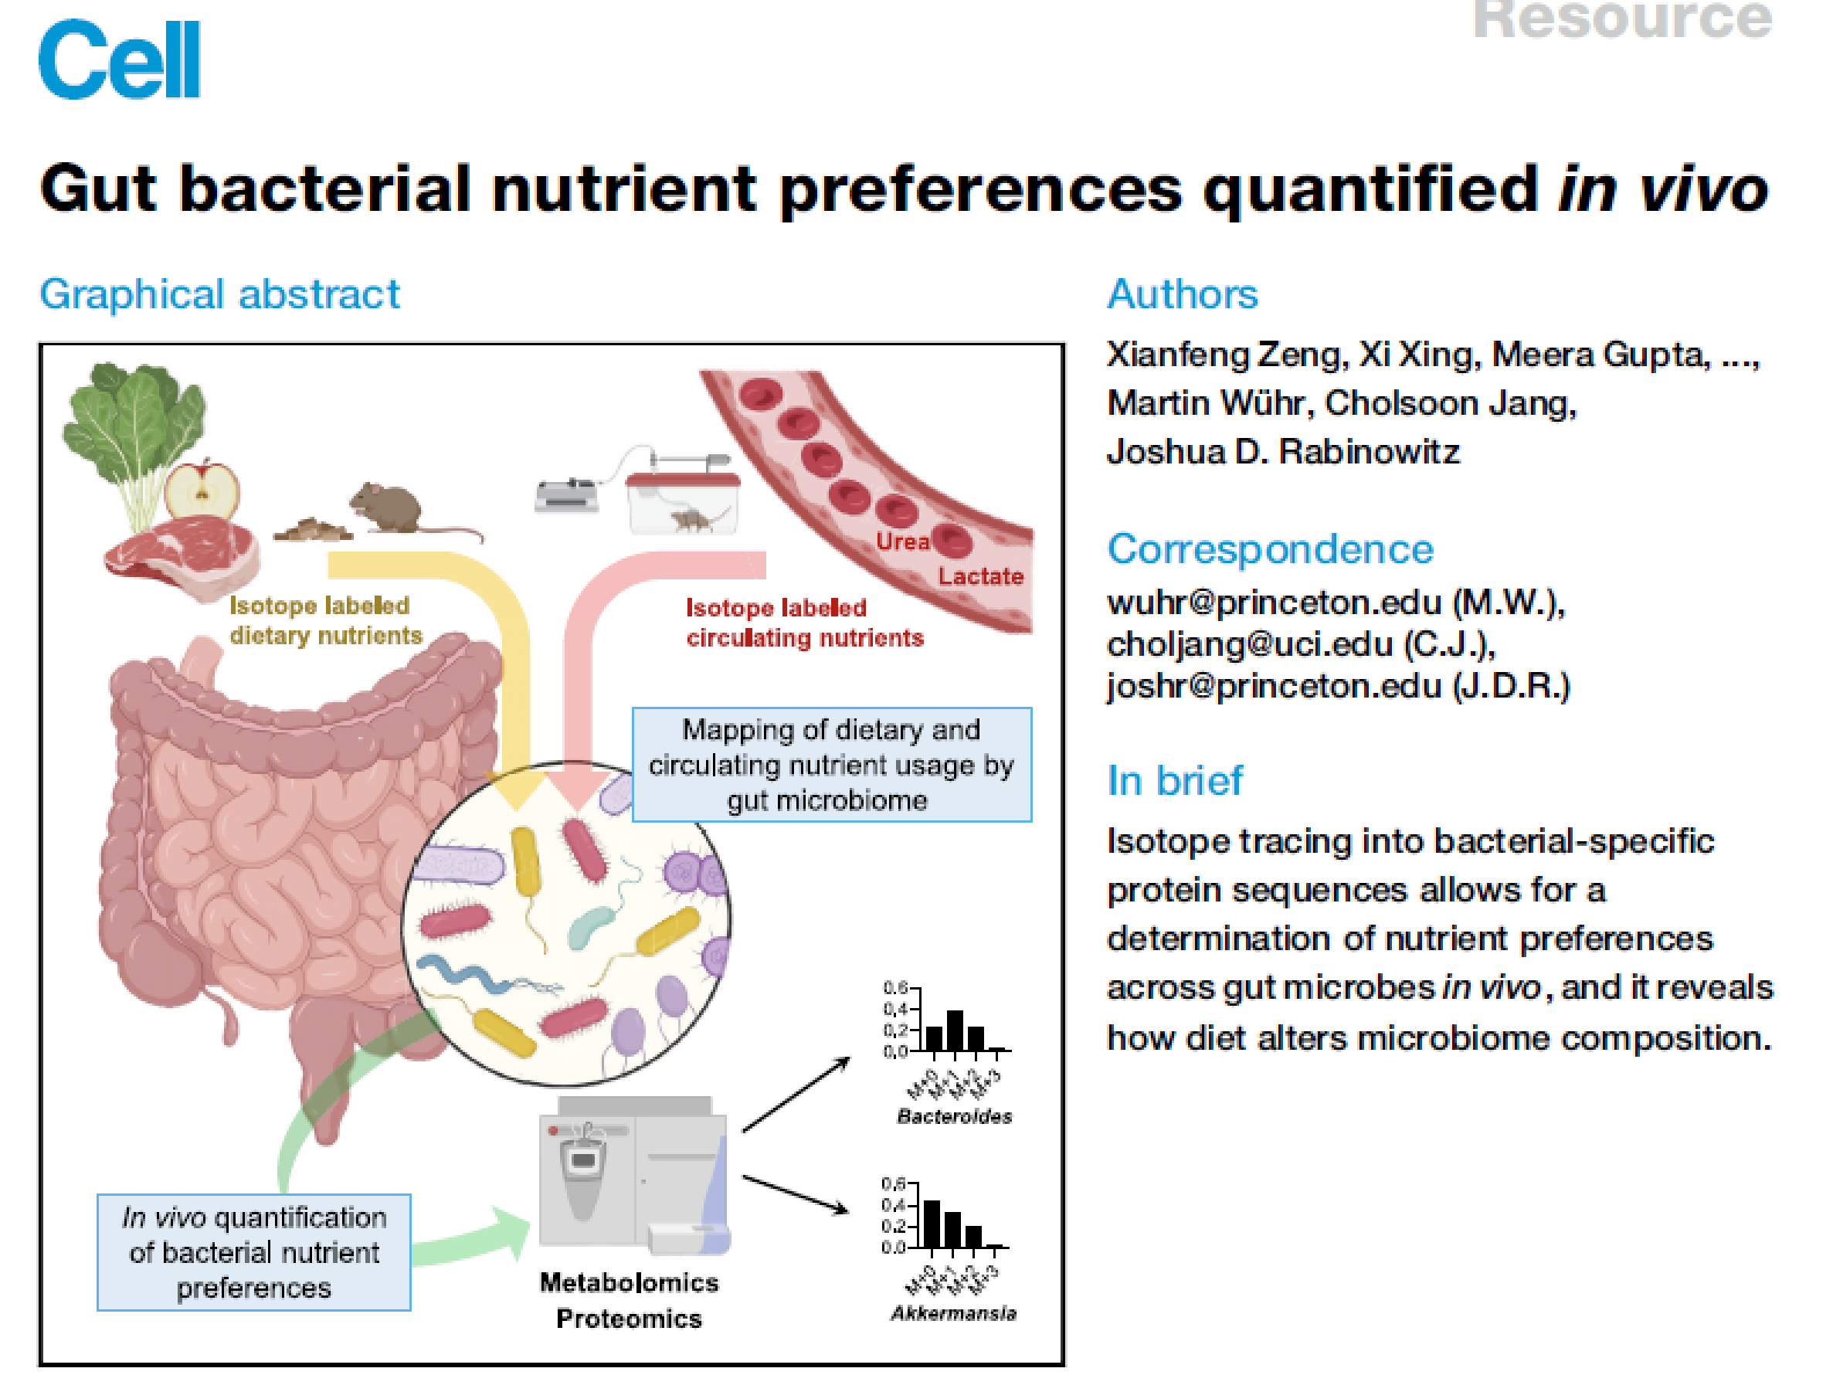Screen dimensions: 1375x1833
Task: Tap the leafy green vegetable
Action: click(x=133, y=423)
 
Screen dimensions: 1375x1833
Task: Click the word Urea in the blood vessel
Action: click(x=902, y=542)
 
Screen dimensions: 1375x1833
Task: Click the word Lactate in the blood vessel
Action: click(x=980, y=576)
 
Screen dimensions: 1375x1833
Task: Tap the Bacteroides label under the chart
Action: click(x=955, y=1116)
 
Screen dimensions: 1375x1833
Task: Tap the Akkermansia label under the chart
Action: click(x=954, y=1313)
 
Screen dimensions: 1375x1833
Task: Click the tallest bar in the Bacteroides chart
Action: click(x=955, y=1030)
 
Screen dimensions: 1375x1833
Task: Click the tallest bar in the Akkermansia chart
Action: click(x=932, y=1224)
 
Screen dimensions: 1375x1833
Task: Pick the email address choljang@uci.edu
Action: click(x=1250, y=645)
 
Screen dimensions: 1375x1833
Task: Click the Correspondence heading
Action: click(x=1270, y=548)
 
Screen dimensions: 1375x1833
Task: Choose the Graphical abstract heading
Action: click(x=219, y=294)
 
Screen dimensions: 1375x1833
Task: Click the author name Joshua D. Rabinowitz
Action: click(x=1283, y=452)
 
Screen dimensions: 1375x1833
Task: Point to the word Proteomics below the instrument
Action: click(x=629, y=1319)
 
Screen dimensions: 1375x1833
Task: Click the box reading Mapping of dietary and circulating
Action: click(x=831, y=764)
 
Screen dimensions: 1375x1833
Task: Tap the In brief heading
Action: click(x=1174, y=781)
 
